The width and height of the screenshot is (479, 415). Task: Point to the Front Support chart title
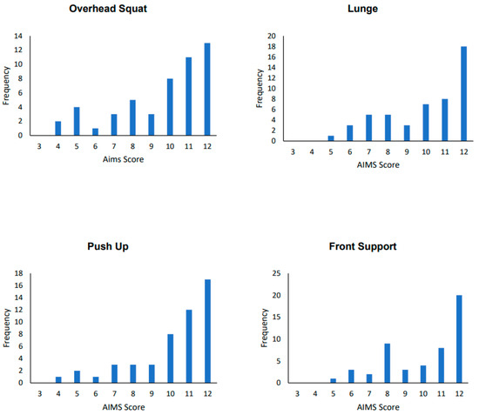361,246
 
